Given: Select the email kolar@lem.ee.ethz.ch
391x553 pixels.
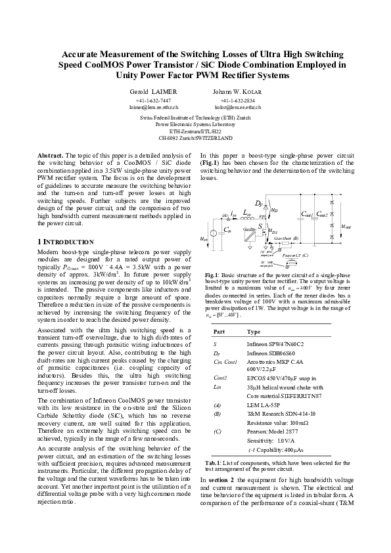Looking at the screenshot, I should [x=237, y=106].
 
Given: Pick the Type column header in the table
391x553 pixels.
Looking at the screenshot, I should [x=254, y=332].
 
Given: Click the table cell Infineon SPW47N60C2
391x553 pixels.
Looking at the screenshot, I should [x=274, y=343].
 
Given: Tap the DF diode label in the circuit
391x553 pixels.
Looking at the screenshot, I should [x=258, y=204].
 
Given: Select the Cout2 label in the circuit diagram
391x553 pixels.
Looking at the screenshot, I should [x=322, y=214].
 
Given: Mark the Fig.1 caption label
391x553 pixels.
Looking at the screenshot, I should [x=211, y=292].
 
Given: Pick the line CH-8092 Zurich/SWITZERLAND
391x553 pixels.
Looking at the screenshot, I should [x=195, y=139].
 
